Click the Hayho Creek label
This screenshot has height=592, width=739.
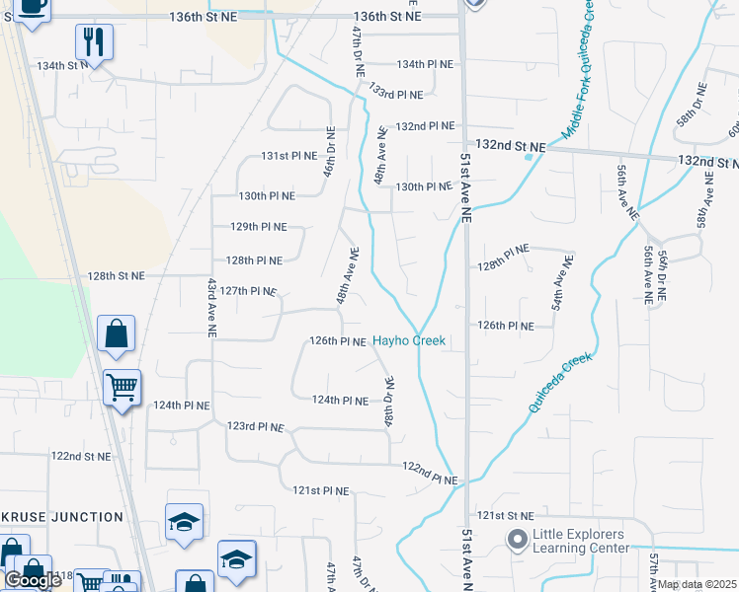(409, 341)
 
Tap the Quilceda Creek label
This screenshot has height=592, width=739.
(559, 383)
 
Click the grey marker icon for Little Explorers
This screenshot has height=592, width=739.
(517, 540)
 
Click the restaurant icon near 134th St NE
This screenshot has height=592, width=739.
(94, 42)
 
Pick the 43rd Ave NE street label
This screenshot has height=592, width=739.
(211, 307)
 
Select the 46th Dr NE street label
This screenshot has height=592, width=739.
(331, 151)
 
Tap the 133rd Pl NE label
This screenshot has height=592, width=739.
(395, 95)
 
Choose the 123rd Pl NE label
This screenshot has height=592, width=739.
(255, 427)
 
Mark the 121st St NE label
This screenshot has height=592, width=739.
(504, 516)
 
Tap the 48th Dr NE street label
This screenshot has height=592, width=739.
(389, 402)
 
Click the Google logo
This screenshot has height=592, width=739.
(33, 580)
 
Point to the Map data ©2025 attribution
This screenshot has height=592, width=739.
(696, 584)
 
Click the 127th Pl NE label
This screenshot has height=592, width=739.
(248, 291)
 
